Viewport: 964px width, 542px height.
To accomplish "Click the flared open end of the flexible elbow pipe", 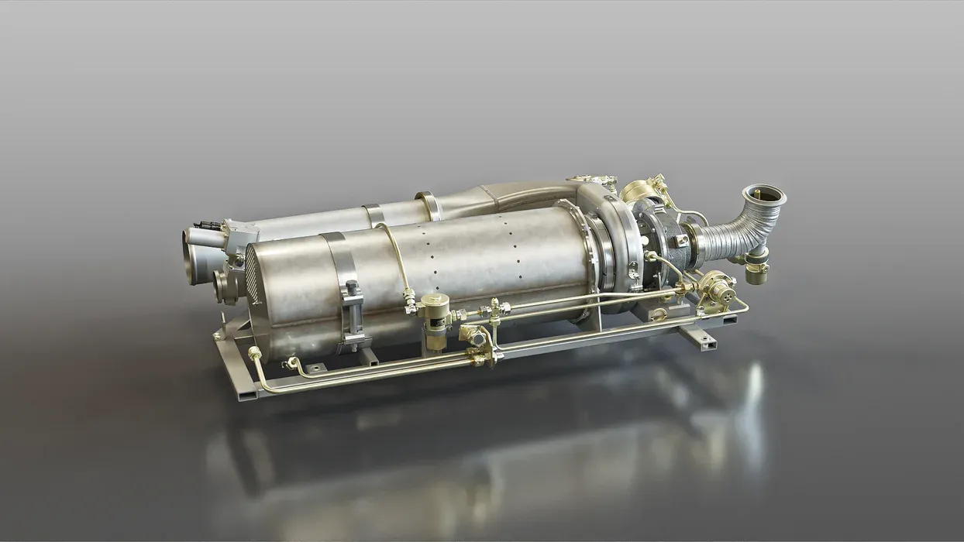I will (x=763, y=194).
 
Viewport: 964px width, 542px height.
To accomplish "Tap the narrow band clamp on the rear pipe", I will (x=374, y=214).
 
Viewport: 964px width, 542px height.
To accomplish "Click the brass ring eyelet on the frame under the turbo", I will (x=658, y=314).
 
